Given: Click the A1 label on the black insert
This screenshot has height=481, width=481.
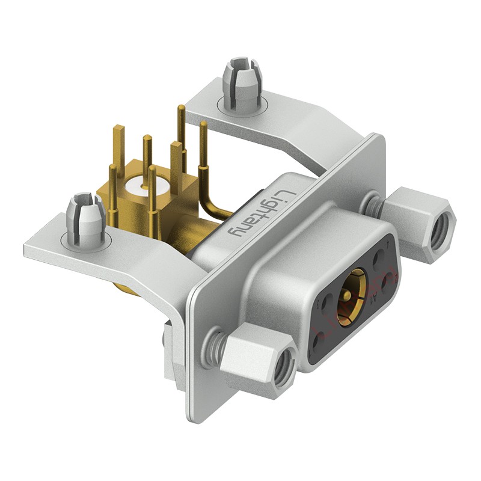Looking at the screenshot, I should click(375, 298).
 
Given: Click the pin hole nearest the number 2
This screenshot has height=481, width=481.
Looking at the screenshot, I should click(386, 281).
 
